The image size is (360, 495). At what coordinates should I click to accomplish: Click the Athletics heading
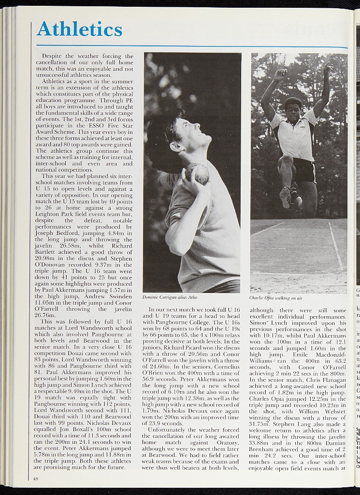[x=80, y=29]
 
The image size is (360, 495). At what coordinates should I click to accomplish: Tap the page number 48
[x=36, y=479]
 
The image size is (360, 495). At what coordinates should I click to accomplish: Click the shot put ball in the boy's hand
[x=198, y=173]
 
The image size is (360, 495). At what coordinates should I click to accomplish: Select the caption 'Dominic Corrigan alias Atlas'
[x=170, y=297]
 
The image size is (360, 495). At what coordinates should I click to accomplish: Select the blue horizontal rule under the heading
[x=192, y=46]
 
